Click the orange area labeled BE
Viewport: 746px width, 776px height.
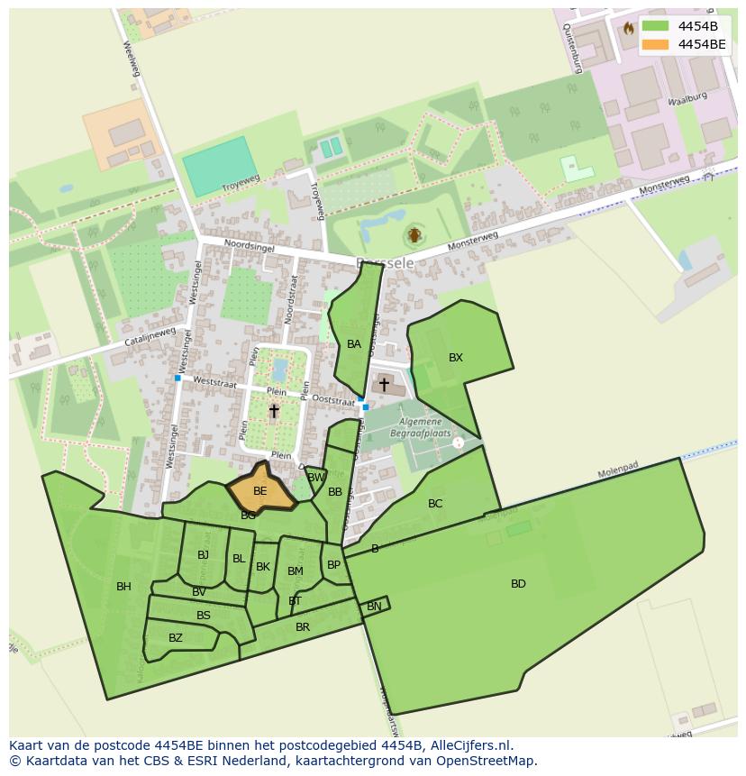pyautogui.click(x=259, y=491)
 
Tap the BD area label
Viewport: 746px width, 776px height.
pyautogui.click(x=518, y=584)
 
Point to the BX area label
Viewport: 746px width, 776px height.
pyautogui.click(x=456, y=358)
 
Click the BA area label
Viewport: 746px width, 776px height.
pyautogui.click(x=354, y=344)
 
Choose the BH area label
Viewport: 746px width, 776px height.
pyautogui.click(x=123, y=587)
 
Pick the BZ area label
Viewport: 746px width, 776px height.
pyautogui.click(x=176, y=638)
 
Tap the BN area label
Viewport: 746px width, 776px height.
pyautogui.click(x=374, y=607)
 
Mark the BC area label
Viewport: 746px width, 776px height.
pyautogui.click(x=435, y=504)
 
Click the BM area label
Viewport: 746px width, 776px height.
pyautogui.click(x=296, y=571)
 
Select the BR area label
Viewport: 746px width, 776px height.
pyautogui.click(x=303, y=627)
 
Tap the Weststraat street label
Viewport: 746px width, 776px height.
pyautogui.click(x=214, y=383)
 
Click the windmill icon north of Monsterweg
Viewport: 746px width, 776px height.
pyautogui.click(x=414, y=236)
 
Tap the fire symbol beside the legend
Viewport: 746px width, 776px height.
pyautogui.click(x=628, y=29)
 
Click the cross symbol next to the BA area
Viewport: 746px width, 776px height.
pyautogui.click(x=384, y=385)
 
